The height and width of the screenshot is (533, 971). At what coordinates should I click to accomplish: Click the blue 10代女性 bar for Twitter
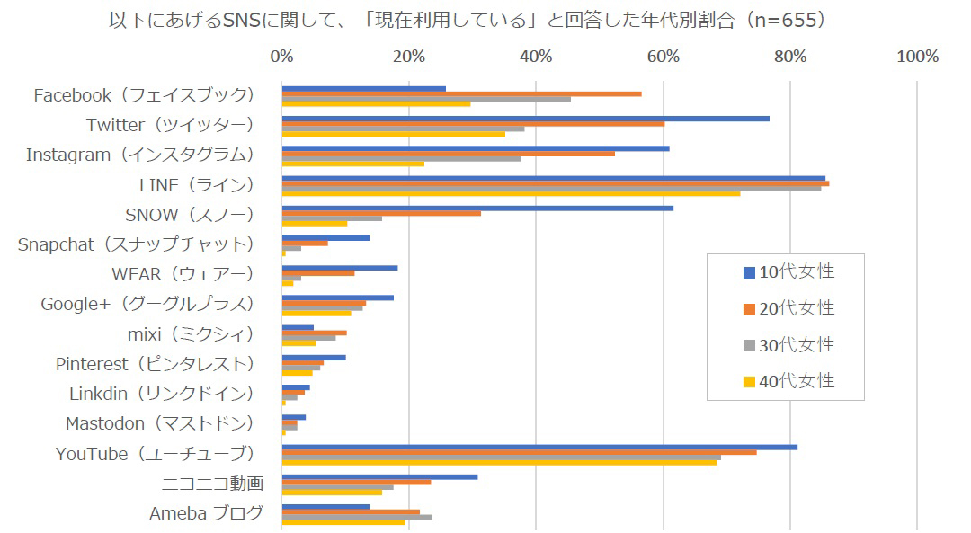point(525,118)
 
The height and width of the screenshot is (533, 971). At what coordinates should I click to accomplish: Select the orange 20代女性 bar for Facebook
point(461,93)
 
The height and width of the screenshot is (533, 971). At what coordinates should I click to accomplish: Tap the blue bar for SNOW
point(477,208)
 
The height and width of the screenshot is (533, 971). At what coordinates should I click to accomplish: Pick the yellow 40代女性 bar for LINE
point(511,193)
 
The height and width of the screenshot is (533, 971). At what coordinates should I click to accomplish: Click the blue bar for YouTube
point(539,447)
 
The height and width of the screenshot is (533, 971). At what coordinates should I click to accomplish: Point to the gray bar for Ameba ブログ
point(357,517)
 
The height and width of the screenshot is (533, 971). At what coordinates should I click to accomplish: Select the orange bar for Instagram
point(448,154)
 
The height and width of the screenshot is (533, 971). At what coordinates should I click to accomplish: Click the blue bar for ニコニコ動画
point(379,476)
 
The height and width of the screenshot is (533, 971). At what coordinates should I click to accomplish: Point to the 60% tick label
point(664,57)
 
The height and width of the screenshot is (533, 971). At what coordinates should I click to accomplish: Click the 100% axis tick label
point(917,57)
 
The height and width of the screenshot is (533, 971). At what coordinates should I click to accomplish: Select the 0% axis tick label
point(281,57)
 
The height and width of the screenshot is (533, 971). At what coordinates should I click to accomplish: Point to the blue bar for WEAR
point(339,268)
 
